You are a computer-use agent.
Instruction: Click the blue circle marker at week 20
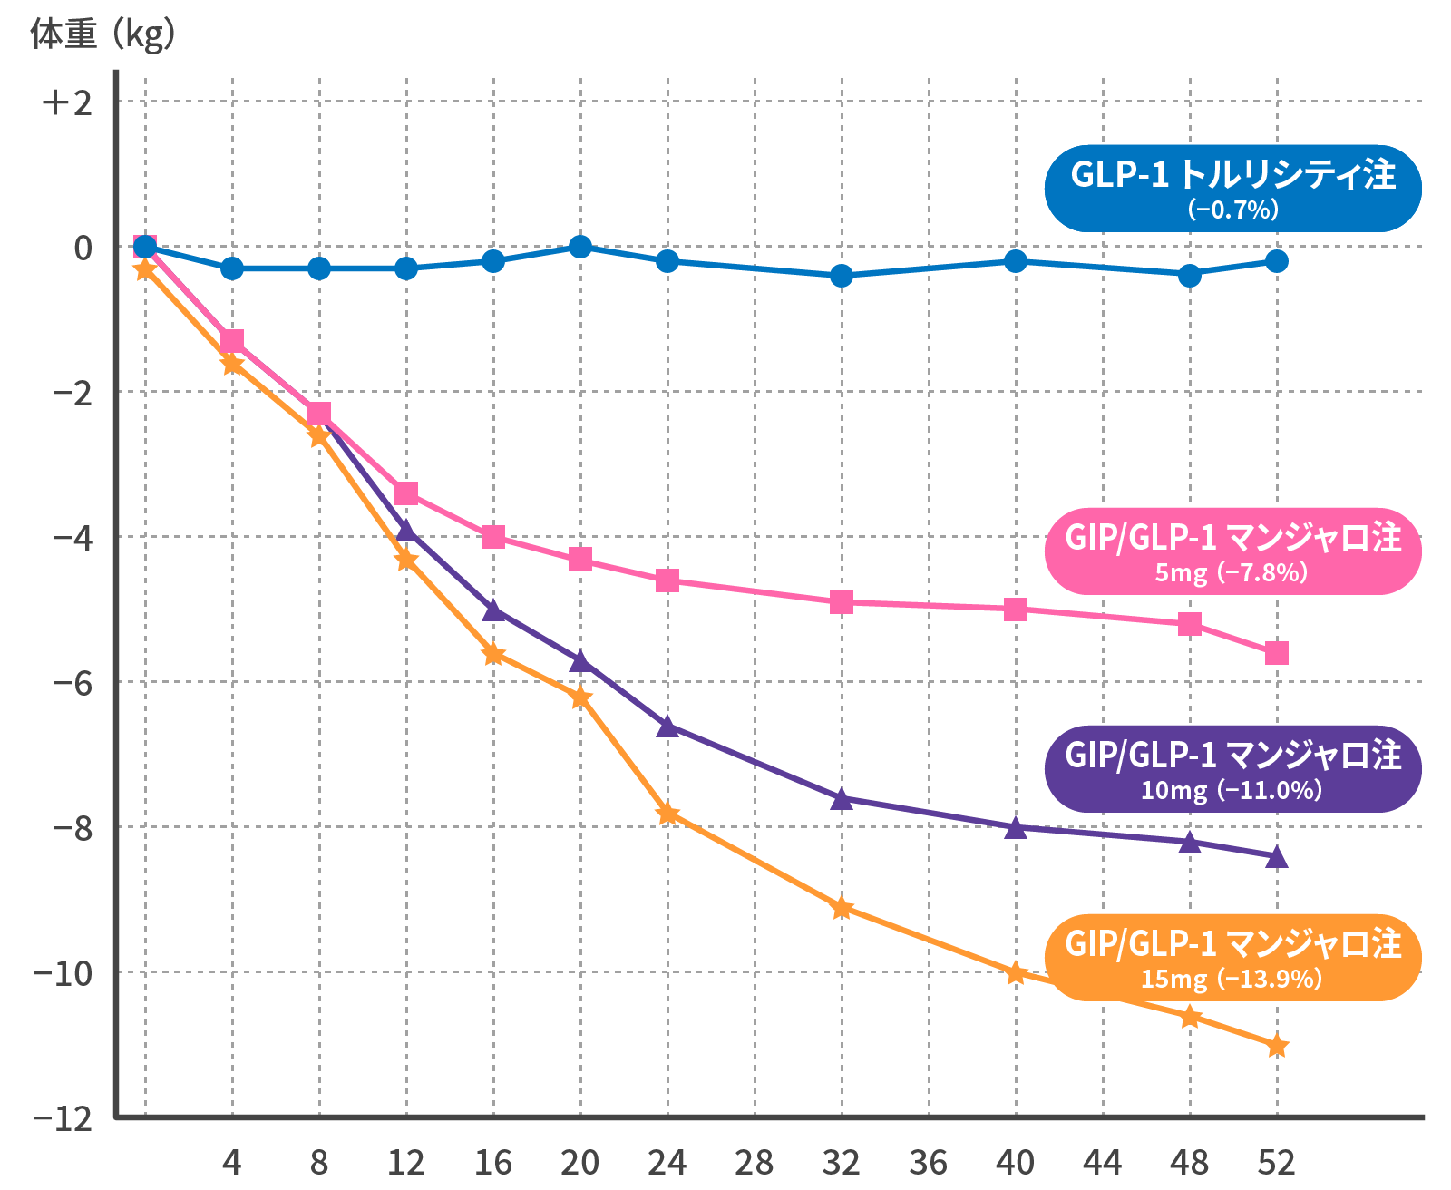click(x=580, y=246)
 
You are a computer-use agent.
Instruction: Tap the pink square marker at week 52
click(x=1277, y=653)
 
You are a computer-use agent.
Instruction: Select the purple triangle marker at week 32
click(x=842, y=798)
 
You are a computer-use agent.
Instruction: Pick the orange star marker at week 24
click(x=667, y=813)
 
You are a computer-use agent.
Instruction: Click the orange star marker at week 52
click(x=1277, y=1046)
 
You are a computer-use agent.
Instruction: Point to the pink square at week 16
click(x=493, y=537)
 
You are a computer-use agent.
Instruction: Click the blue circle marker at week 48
click(x=1190, y=275)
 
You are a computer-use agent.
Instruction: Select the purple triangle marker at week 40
click(x=1016, y=827)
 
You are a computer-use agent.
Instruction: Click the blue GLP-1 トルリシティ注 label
click(x=1232, y=188)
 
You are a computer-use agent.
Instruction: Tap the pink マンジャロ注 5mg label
click(x=1232, y=551)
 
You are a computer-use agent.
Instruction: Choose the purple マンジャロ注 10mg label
click(x=1232, y=768)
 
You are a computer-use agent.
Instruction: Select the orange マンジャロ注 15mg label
click(x=1232, y=957)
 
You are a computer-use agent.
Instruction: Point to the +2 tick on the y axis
click(x=67, y=102)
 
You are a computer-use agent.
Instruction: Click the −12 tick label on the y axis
click(x=63, y=1118)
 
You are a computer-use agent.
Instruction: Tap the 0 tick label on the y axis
click(x=83, y=248)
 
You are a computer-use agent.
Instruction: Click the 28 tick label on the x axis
click(x=755, y=1162)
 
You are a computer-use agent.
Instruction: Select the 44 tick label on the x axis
click(x=1103, y=1162)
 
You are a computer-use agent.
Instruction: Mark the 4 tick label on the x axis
click(x=232, y=1162)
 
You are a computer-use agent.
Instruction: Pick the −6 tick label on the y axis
click(x=73, y=683)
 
